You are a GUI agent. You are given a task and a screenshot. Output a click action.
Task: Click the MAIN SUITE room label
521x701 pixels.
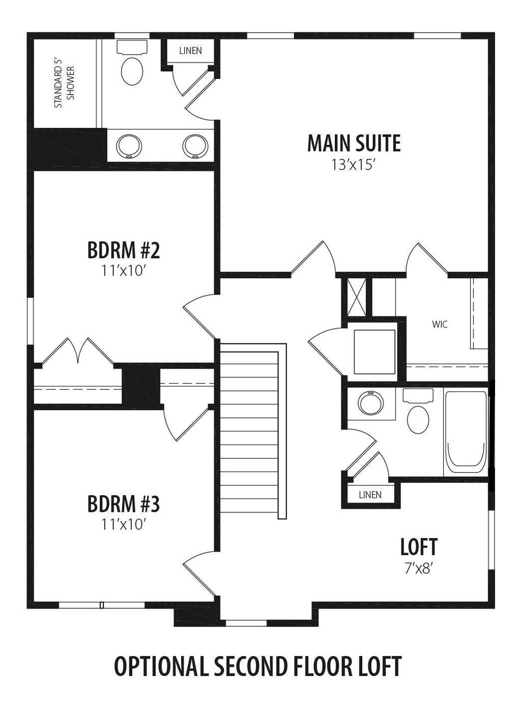tap(354, 144)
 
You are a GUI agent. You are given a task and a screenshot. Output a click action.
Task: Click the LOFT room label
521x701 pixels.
tap(419, 547)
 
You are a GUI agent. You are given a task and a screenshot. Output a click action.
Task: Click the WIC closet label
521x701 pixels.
tap(440, 325)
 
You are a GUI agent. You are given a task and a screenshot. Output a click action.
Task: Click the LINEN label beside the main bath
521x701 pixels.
tap(190, 50)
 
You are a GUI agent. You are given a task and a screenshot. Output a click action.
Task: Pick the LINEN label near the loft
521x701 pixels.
tap(370, 495)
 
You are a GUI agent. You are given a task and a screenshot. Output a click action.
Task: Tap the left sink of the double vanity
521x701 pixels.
tap(129, 146)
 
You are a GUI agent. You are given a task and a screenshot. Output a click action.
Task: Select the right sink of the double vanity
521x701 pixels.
tap(195, 146)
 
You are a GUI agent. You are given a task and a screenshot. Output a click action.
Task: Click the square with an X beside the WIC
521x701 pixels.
tap(357, 296)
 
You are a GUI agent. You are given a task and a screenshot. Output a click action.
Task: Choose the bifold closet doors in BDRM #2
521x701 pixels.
tap(78, 351)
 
